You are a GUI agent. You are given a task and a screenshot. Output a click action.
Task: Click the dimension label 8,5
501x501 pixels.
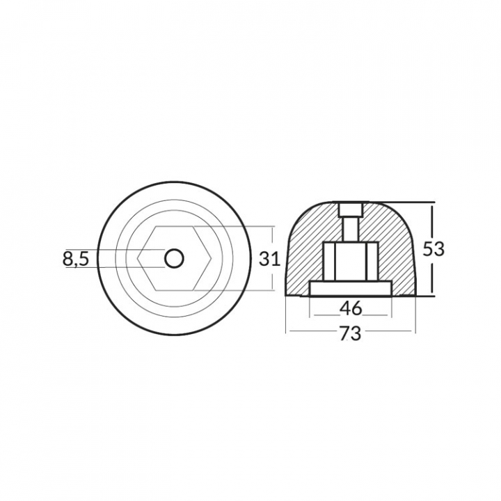point(75,259)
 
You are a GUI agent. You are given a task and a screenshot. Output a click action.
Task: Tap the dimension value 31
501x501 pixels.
point(269,259)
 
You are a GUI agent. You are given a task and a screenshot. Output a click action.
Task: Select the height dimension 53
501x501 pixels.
point(434,249)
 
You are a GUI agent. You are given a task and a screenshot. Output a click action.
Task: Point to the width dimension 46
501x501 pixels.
point(351,308)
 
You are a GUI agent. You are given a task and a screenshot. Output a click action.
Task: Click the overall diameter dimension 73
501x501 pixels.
point(350,333)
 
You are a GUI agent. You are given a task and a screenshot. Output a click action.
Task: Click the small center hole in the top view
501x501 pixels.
point(174,258)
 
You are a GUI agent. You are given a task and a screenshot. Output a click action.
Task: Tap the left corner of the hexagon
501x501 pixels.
point(138,258)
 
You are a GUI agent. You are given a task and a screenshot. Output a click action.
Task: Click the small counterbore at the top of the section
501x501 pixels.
point(350,209)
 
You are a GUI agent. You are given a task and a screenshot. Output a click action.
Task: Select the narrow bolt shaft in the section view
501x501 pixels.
point(350,229)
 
